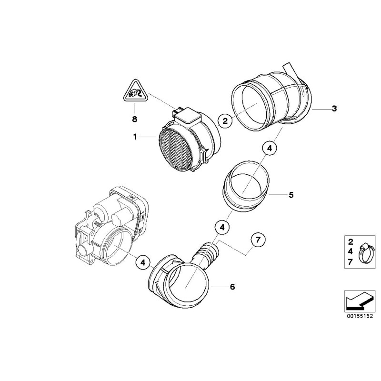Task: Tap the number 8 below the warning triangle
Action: [134, 119]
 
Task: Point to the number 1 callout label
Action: [135, 137]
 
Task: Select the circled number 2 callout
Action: [225, 121]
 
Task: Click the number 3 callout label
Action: [334, 109]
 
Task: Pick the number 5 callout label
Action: [291, 195]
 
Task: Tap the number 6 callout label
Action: [232, 287]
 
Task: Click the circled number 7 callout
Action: [258, 240]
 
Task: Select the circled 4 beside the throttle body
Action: [143, 263]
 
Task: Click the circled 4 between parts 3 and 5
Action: [270, 148]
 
